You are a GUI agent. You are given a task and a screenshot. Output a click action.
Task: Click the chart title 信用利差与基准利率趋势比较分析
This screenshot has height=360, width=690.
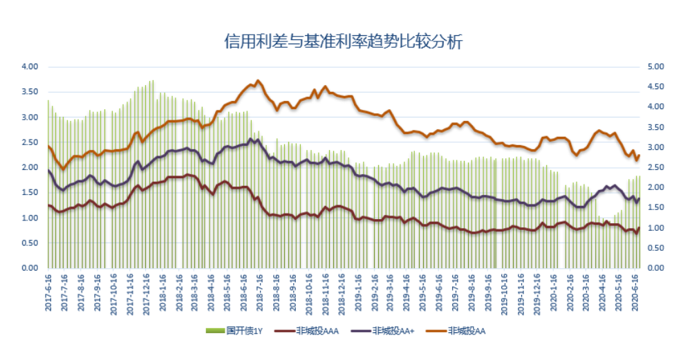344,41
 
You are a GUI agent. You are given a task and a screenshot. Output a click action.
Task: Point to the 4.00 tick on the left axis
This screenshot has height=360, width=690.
30,67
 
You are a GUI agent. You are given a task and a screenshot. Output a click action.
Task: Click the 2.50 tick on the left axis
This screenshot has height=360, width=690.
30,142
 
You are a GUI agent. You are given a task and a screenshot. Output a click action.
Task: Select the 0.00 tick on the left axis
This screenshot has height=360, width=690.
30,268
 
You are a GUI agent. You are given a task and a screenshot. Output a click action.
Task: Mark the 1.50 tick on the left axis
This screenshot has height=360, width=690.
30,193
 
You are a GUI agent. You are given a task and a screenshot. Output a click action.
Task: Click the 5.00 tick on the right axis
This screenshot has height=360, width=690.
654,67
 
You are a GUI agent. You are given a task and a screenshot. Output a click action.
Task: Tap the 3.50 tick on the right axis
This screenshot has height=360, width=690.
654,127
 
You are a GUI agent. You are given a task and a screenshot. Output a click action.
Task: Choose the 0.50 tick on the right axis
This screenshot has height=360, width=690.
654,248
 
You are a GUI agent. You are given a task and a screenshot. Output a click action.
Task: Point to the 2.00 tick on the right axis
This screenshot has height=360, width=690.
654,188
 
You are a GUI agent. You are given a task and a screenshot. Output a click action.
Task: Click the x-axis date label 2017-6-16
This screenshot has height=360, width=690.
48,292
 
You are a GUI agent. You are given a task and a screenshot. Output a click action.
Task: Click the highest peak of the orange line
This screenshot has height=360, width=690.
258,81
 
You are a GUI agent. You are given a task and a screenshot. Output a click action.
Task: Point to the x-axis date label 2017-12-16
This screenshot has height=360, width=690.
147,292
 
